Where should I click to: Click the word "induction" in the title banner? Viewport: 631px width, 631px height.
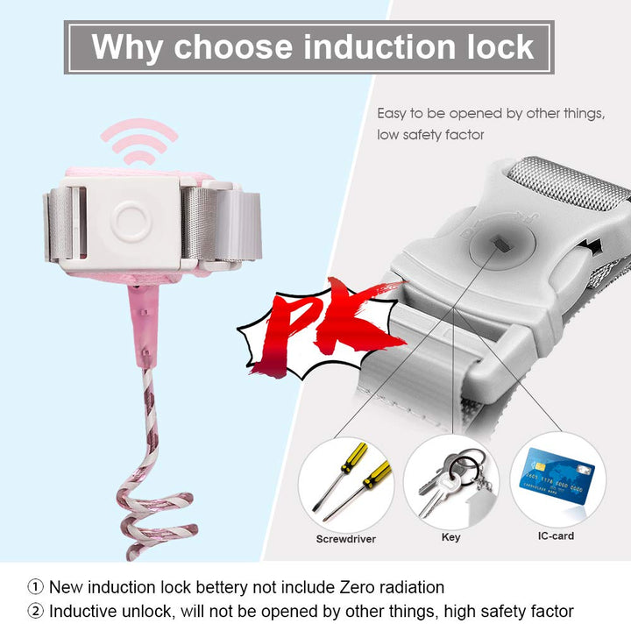tap(380, 46)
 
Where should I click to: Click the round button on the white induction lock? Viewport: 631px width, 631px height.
tap(131, 221)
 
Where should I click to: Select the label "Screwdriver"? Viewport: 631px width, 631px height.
tap(345, 539)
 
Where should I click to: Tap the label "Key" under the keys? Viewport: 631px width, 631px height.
tap(450, 537)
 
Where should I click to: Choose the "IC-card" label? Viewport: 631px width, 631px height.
tap(556, 535)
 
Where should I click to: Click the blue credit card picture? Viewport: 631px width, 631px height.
tap(557, 476)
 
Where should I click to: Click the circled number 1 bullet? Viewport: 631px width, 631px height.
tap(35, 586)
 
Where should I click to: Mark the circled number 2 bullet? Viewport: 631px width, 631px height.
tap(35, 611)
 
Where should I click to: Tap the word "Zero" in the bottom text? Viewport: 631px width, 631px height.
tap(357, 587)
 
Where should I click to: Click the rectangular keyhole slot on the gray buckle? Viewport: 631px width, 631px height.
tap(501, 243)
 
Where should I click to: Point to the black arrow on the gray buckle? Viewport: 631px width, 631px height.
tap(592, 245)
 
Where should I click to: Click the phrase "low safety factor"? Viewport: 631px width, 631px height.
tap(430, 135)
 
